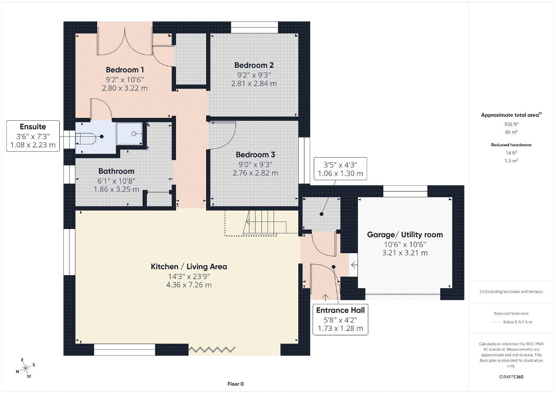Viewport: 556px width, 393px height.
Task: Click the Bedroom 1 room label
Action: click(125, 70)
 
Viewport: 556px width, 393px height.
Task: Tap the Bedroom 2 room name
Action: click(254, 65)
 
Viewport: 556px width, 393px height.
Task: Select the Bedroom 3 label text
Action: click(256, 155)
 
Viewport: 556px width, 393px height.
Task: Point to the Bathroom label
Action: click(116, 171)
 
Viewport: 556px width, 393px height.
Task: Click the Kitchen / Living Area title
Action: click(189, 266)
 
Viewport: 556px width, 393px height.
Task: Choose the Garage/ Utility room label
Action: click(405, 235)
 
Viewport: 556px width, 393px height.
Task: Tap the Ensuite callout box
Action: click(33, 136)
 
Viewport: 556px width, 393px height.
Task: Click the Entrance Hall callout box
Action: click(340, 319)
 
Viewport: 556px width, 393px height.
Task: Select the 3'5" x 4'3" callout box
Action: click(340, 169)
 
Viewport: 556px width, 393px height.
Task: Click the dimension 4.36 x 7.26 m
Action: click(189, 285)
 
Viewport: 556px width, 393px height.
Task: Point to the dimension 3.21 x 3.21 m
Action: click(405, 253)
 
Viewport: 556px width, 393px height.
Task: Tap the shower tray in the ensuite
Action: click(130, 133)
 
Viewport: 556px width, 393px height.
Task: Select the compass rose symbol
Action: click(25, 369)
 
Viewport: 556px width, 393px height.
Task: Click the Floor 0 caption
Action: click(236, 384)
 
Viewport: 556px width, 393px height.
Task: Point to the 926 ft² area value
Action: click(511, 124)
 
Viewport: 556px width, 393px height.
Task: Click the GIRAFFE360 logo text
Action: click(511, 377)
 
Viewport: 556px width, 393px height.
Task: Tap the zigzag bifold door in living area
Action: click(212, 350)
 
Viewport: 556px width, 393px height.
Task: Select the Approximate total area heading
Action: click(511, 115)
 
